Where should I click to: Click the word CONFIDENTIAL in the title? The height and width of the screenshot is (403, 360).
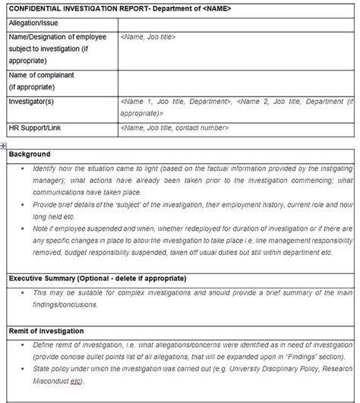[x=37, y=9]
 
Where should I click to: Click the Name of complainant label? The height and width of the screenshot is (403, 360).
[x=38, y=76]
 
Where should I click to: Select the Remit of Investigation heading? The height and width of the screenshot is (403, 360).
[x=46, y=332]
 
